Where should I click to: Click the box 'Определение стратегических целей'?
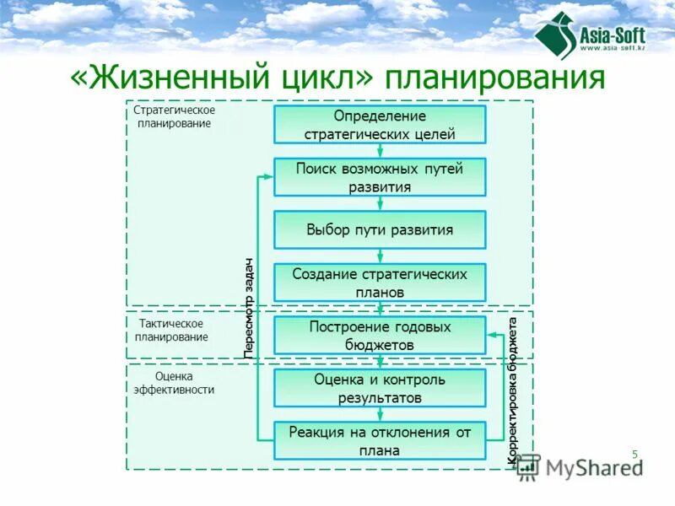pos(380,124)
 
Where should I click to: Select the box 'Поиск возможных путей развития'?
pos(380,177)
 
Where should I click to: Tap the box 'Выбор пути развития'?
pos(380,229)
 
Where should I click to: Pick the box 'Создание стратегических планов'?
pos(380,283)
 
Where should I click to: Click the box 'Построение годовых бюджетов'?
pos(380,335)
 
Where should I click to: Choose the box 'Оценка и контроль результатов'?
pos(380,388)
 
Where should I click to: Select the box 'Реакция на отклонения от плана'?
pos(380,440)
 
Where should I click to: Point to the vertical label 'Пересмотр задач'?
pos(249,308)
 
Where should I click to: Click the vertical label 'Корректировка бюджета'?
pos(512,390)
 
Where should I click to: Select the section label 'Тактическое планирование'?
pos(170,330)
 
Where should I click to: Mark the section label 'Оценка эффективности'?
pos(174,383)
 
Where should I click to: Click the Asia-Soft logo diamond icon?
pos(554,36)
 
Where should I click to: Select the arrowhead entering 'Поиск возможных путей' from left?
pos(269,177)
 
